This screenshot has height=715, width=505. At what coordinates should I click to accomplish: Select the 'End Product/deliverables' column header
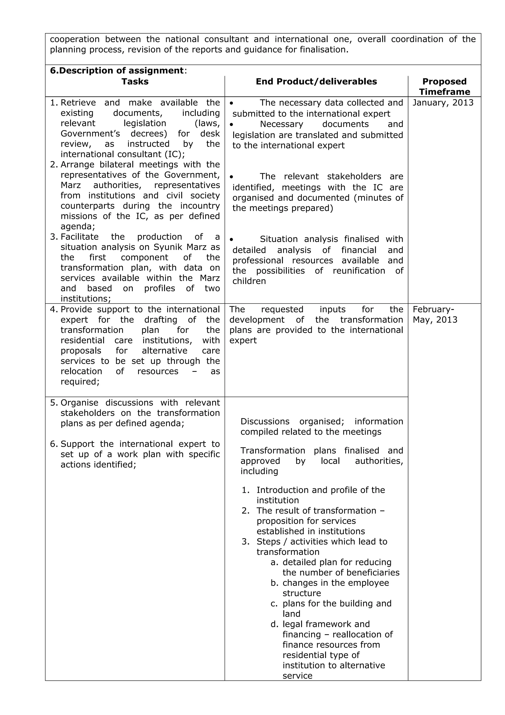click(x=316, y=82)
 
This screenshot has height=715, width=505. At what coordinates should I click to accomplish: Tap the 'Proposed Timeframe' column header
click(x=444, y=87)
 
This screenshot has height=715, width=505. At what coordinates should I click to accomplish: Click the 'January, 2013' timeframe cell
click(x=443, y=103)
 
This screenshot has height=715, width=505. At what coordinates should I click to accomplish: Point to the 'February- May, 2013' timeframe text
click(x=435, y=315)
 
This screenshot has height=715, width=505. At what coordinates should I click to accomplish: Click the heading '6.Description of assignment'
click(x=117, y=71)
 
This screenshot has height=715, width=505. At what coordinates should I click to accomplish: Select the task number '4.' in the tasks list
click(x=54, y=310)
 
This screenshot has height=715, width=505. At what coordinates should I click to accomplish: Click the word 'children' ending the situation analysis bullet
click(x=249, y=281)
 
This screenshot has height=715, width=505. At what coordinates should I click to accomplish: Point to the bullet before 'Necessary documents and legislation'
click(x=232, y=125)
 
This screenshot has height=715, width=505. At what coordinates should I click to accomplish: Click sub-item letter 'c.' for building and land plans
click(x=274, y=603)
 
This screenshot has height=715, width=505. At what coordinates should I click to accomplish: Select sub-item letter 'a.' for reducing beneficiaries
click(x=274, y=563)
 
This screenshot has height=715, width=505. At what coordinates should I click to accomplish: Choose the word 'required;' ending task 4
click(x=80, y=382)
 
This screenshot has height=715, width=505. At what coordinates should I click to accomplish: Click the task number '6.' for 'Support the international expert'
click(x=54, y=444)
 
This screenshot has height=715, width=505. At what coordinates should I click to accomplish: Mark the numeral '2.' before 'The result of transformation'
click(x=246, y=511)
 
